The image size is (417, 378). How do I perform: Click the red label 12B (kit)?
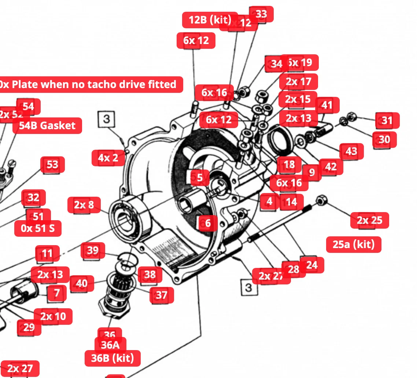[210, 20]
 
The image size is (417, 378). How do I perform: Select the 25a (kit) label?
[353, 244]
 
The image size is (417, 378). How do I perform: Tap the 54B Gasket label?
[47, 126]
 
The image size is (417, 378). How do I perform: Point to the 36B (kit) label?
[112, 358]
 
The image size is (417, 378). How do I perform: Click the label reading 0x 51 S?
[38, 228]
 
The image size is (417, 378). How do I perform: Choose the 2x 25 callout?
[369, 220]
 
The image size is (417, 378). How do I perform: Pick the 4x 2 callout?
[108, 158]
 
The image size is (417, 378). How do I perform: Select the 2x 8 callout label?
[84, 205]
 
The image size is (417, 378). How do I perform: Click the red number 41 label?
[327, 105]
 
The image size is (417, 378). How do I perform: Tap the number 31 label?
[387, 120]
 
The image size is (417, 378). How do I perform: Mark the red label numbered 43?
[351, 151]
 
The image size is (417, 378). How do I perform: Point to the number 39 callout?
[93, 251]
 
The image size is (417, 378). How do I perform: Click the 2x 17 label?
[298, 81]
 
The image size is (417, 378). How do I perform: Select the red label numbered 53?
[52, 165]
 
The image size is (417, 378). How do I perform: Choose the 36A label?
[110, 345]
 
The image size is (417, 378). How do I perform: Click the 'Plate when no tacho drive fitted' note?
[90, 85]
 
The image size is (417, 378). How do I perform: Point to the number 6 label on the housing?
[208, 223]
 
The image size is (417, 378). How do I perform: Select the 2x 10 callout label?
[53, 316]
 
